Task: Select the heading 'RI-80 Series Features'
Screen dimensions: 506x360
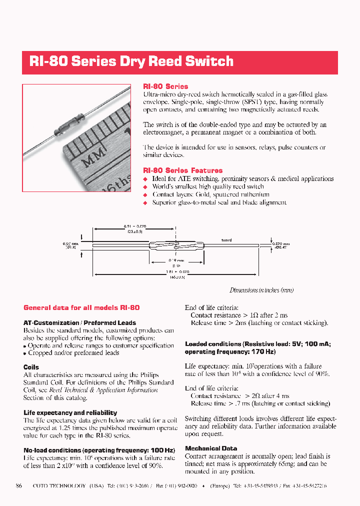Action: coord(182,170)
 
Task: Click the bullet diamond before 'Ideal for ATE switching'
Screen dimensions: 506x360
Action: coord(146,179)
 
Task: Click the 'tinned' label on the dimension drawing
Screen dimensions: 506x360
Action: coord(226,240)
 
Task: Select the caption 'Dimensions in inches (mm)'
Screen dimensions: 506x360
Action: coord(261,290)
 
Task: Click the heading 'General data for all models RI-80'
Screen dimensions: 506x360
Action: coord(81,307)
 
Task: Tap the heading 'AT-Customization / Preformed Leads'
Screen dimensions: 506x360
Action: coord(79,323)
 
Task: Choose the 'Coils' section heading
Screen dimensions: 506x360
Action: coord(31,367)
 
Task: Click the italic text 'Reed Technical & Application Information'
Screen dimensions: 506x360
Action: coord(103,390)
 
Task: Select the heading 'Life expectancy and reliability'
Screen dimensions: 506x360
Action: coord(70,412)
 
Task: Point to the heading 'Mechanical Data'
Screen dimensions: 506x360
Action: coord(211,448)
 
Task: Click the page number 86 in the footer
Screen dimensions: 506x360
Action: coord(19,485)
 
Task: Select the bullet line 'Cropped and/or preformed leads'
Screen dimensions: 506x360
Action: coord(73,352)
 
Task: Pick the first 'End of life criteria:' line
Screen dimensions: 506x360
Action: coord(211,308)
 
